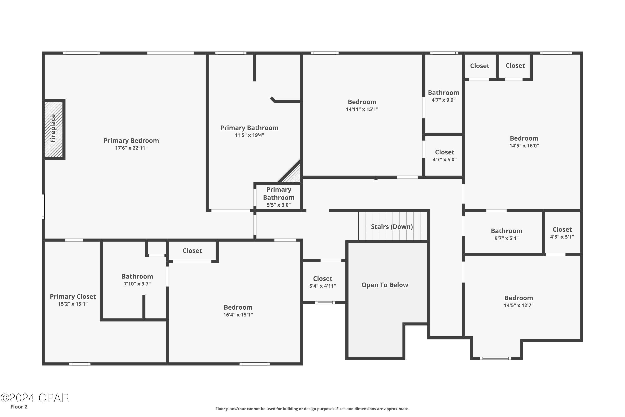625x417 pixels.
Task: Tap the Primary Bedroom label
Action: pos(131,141)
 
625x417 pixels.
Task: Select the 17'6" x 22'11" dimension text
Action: pos(131,148)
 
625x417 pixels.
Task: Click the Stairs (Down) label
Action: pos(392,227)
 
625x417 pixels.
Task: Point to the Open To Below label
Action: pos(385,285)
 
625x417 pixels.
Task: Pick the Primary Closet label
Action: pos(73,296)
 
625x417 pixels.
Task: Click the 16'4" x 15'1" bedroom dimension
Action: pos(238,315)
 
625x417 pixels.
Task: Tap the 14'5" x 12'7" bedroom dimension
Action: pos(519,305)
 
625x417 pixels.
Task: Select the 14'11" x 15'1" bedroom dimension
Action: pos(362,109)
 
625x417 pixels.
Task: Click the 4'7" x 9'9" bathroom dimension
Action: pos(444,100)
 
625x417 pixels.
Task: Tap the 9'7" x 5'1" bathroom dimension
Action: pos(506,238)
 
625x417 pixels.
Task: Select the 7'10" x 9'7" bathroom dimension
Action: pos(137,284)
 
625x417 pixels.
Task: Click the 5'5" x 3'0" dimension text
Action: pos(279,205)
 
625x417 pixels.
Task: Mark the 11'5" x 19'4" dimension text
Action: pos(249,135)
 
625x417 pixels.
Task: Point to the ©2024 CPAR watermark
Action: pos(35,398)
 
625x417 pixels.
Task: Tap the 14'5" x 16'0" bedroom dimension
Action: pos(524,146)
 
